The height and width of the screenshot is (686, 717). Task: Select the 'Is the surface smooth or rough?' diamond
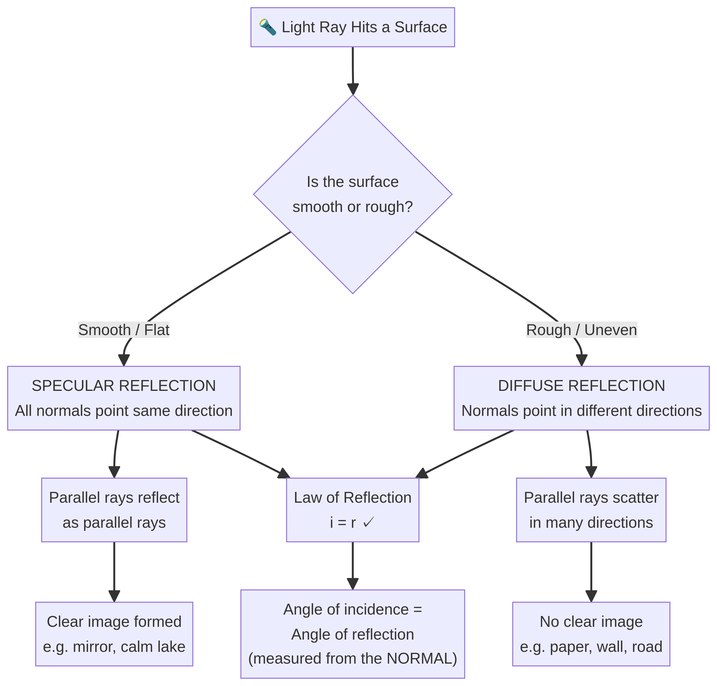tap(352, 194)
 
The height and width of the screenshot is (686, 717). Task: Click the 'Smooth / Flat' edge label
tap(124, 330)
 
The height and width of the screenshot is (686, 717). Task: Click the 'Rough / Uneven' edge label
tap(581, 330)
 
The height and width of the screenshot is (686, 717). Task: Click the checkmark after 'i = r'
tap(368, 522)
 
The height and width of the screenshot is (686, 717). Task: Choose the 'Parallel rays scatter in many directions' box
tap(591, 510)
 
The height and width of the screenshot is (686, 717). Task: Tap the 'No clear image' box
tap(591, 634)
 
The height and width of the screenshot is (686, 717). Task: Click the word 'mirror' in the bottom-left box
tap(93, 647)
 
